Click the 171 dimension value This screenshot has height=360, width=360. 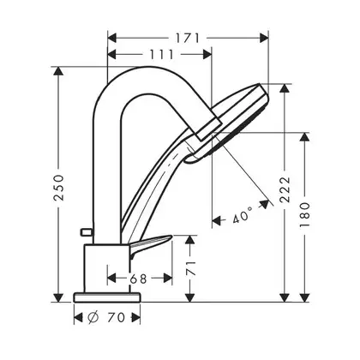pyautogui.click(x=187, y=38)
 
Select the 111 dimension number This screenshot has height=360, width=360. pyautogui.click(x=161, y=54)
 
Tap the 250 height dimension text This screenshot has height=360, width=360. pyautogui.click(x=59, y=188)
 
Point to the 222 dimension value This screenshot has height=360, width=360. pyautogui.click(x=285, y=189)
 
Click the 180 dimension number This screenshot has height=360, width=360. pyautogui.click(x=305, y=214)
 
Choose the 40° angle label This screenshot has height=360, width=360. pyautogui.click(x=243, y=215)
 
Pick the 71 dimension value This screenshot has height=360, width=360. pyautogui.click(x=190, y=267)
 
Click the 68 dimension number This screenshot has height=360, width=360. pyautogui.click(x=139, y=279)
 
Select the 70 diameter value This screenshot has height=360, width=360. pyautogui.click(x=117, y=317)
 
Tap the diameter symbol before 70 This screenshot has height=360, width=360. pyautogui.click(x=93, y=317)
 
